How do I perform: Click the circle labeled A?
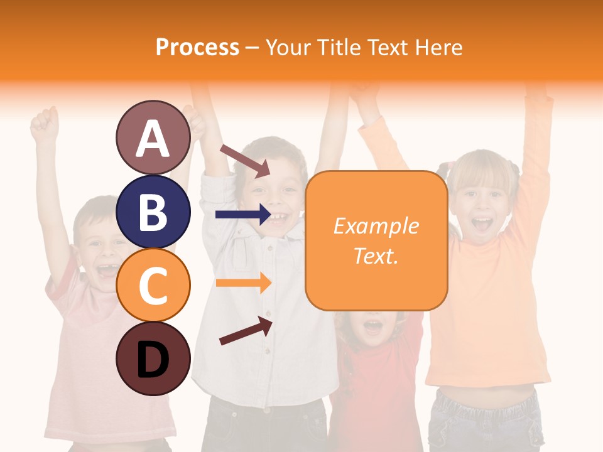click(x=153, y=137)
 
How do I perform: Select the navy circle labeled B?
click(x=153, y=212)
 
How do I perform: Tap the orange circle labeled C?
click(x=153, y=285)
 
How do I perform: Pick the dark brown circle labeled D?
click(x=153, y=358)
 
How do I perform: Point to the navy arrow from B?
click(x=242, y=215)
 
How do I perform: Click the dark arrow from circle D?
click(x=246, y=331)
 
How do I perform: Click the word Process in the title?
click(x=197, y=47)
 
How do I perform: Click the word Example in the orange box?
click(x=376, y=226)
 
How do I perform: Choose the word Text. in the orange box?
click(x=376, y=256)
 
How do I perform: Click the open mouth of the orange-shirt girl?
click(x=482, y=223)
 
